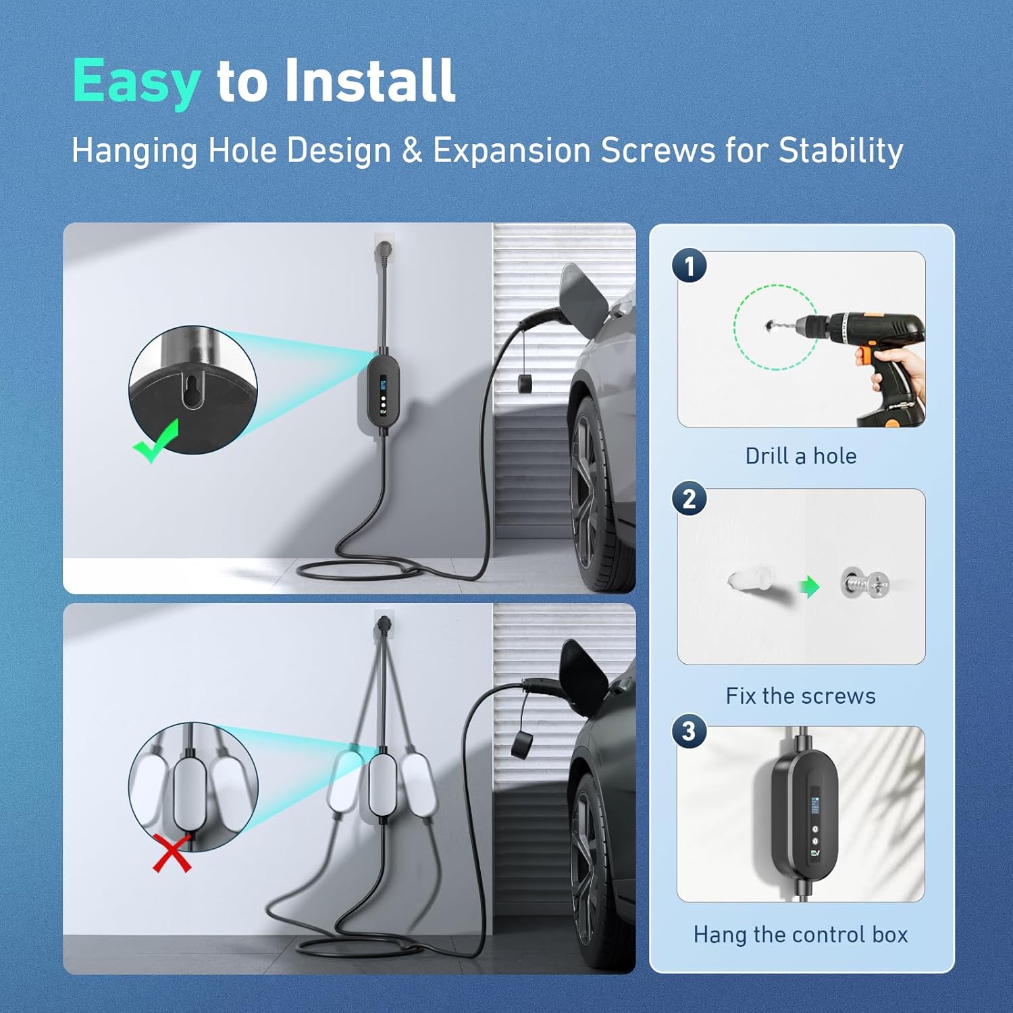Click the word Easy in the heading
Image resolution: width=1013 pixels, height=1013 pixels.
click(136, 82)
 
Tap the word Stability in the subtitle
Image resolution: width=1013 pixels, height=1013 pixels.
click(841, 151)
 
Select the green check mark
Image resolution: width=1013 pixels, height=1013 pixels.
click(156, 440)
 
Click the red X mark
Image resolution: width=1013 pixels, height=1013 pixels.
click(172, 853)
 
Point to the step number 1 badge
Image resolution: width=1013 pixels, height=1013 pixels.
click(690, 266)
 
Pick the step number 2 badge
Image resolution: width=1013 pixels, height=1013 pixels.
click(690, 499)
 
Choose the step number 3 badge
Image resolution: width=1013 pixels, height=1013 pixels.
click(690, 731)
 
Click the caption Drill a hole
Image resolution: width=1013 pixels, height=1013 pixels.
click(801, 456)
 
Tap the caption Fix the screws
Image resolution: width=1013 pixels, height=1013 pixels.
click(801, 696)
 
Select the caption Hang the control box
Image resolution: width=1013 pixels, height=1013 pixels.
click(801, 935)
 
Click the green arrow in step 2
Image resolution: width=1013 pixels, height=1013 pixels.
click(809, 586)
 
